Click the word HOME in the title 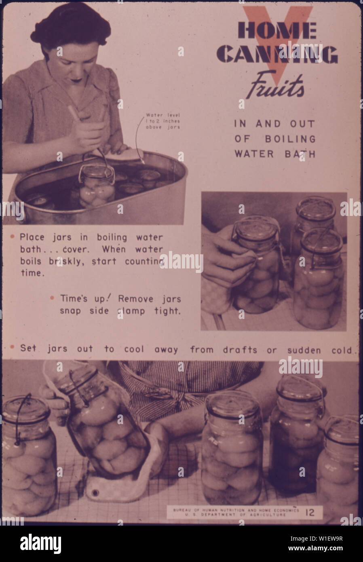tap(277, 31)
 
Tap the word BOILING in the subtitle tap(290, 139)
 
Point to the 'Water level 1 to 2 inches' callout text tap(163, 121)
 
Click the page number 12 tap(310, 513)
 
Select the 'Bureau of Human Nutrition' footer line tap(236, 510)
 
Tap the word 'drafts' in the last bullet tap(224, 350)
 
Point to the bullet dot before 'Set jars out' tap(13, 347)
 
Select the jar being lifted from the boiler tap(97, 185)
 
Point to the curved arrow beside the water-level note tap(139, 137)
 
